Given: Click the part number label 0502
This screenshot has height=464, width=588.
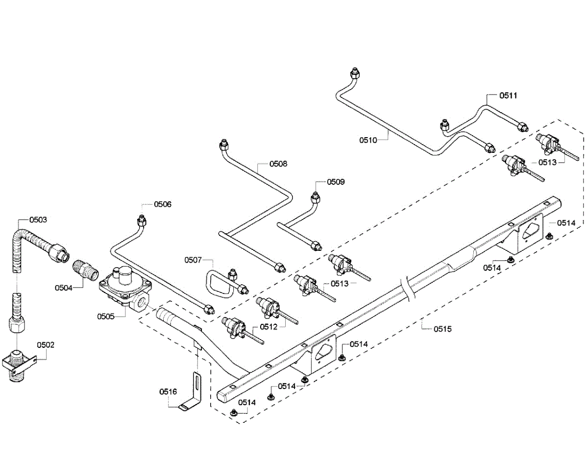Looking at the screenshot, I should coord(46,345).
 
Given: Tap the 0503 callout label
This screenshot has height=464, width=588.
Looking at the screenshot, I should coord(38,220).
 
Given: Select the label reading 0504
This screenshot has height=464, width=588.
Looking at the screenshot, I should coord(64,288).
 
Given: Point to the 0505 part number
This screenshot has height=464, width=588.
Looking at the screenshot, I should coord(105,317).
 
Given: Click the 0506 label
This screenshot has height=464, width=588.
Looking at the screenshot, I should coord(163,204).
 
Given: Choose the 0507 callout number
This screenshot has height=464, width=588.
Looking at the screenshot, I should coord(193,260).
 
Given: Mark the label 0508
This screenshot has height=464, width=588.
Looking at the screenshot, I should coord(278,164).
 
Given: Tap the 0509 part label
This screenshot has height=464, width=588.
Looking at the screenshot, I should coord(336,182).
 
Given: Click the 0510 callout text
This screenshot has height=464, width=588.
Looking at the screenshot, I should coord(368,140).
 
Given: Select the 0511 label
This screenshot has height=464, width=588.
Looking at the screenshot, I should coord(508,96).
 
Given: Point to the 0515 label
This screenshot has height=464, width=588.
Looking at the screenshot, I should coord(442,329).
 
